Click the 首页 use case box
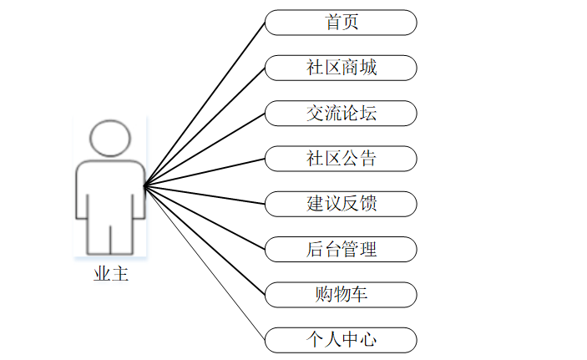pos(341,23)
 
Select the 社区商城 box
pos(341,68)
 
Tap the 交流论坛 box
pos(341,113)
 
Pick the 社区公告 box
pos(341,158)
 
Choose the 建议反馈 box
pos(341,203)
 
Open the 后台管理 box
pos(341,248)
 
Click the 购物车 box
pos(341,294)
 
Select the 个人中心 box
pos(341,339)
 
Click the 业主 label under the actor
pos(110,273)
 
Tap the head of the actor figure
pos(110,139)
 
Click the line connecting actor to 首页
pos(205,104)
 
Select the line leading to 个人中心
pos(205,263)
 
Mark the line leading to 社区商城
pos(205,127)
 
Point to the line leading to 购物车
pos(205,241)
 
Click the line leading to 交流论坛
pos(205,150)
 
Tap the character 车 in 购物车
pos(358,294)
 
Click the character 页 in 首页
pos(350,23)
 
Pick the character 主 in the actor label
pos(119,273)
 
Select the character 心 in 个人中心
pos(367,339)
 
